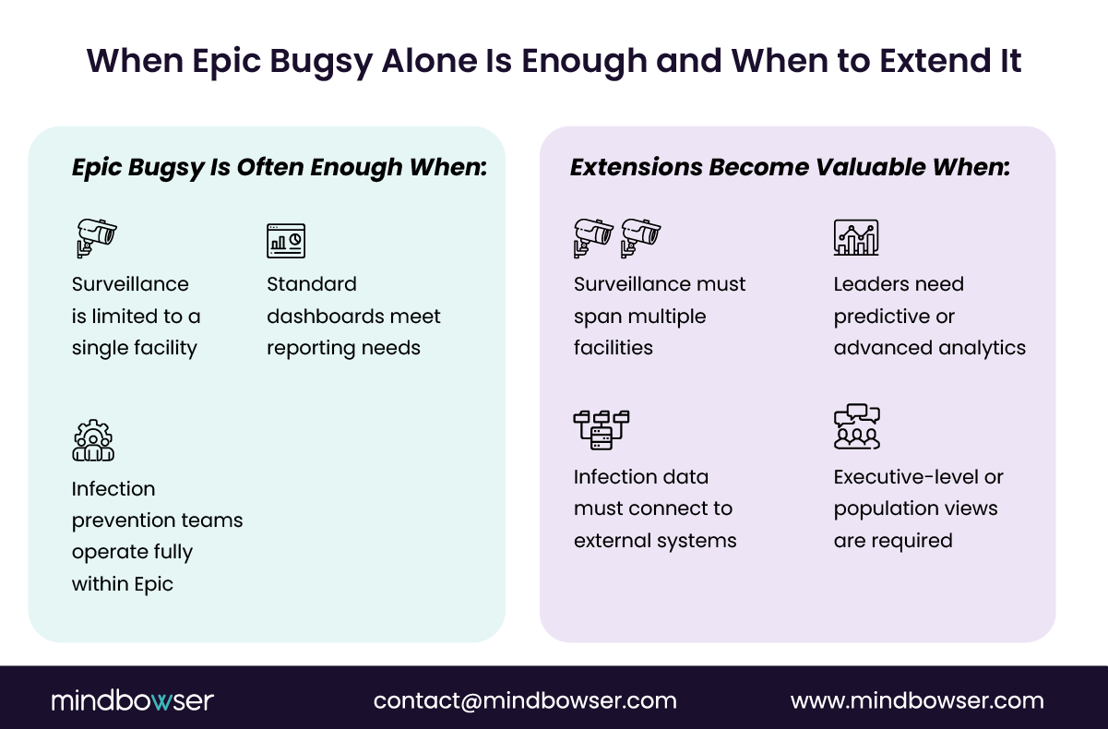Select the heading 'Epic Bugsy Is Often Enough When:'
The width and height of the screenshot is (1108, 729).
tap(279, 168)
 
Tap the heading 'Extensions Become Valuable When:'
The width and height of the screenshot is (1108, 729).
tap(790, 168)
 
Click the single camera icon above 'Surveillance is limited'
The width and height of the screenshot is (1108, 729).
tap(96, 237)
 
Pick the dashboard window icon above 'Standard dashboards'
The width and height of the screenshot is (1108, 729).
tap(286, 240)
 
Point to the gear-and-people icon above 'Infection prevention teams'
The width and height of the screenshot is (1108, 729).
tap(93, 440)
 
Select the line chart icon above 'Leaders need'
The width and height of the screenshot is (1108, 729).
tap(856, 237)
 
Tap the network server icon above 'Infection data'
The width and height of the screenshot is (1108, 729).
tap(601, 429)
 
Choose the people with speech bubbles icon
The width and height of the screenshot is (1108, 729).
tap(857, 427)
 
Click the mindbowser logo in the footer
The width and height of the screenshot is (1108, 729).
tap(132, 700)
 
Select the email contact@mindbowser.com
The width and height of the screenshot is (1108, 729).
tap(525, 700)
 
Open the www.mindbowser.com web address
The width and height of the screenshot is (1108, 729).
tap(917, 700)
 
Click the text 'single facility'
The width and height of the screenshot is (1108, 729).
tap(135, 348)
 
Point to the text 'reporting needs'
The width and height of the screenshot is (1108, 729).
tap(343, 348)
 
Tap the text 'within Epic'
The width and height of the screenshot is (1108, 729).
tap(123, 584)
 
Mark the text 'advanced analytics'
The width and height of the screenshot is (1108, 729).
tap(930, 348)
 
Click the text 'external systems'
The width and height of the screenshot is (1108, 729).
tap(655, 541)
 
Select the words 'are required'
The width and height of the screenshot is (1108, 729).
tap(893, 541)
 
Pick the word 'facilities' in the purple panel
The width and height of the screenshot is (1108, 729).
tap(614, 348)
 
